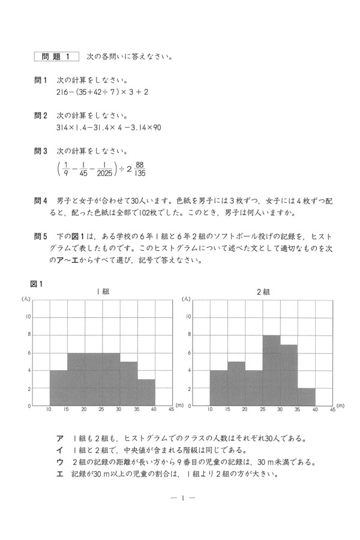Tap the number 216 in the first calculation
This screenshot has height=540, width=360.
pos(62,92)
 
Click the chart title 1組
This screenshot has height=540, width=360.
pos(103,291)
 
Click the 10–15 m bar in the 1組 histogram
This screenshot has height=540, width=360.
pos(58,388)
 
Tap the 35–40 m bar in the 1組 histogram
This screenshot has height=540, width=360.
pos(146,392)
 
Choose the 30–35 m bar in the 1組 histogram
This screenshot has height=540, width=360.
pos(129,383)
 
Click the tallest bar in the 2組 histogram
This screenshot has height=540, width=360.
pos(271,370)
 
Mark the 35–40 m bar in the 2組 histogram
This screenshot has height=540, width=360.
pos(307,397)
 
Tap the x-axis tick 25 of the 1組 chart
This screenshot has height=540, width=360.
pos(103,410)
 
